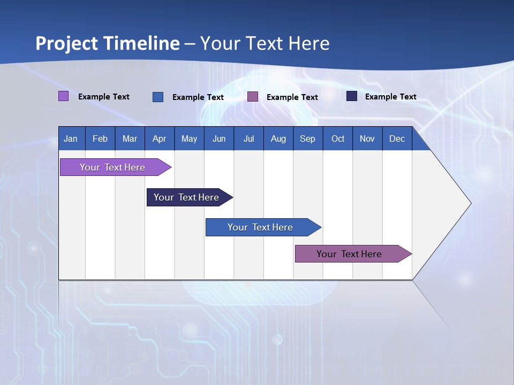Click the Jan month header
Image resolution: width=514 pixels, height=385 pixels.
(x=71, y=138)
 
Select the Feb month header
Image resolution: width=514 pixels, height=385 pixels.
(x=100, y=138)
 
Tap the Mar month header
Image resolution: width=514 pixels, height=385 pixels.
(x=130, y=138)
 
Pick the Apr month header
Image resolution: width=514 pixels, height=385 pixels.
(x=160, y=138)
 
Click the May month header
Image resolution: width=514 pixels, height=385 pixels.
(x=189, y=138)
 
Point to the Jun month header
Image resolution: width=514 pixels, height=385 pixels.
(x=219, y=138)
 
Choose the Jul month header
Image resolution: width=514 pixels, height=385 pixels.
(x=248, y=138)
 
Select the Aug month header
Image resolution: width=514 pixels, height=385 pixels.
(x=278, y=138)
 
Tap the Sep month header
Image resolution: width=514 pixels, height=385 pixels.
(x=308, y=138)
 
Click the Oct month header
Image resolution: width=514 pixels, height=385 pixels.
(x=338, y=138)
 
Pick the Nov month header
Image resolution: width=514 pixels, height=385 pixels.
(x=367, y=138)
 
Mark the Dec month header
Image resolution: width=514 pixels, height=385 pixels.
(x=397, y=138)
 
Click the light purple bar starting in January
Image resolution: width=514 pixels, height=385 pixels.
(x=113, y=167)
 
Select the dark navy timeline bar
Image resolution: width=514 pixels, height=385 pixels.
(x=187, y=197)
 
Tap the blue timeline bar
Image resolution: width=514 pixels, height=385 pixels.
(x=261, y=227)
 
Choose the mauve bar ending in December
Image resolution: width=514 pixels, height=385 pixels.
(x=350, y=254)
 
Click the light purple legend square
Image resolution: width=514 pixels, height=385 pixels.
(x=64, y=96)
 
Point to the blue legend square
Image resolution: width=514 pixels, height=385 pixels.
(x=158, y=97)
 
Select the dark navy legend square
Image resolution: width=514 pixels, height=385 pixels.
(x=352, y=96)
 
